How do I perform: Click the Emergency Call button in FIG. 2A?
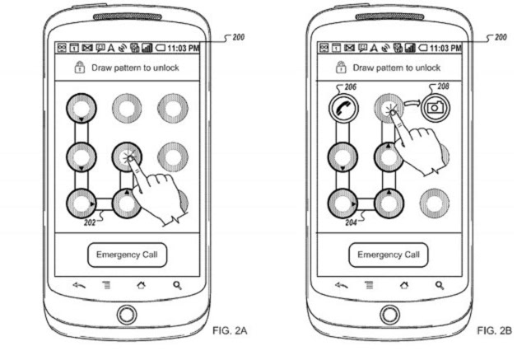click(128, 255)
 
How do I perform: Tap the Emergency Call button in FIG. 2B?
click(391, 255)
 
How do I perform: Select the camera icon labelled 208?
click(432, 106)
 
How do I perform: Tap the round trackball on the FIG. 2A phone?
click(127, 314)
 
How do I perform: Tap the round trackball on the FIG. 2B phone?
click(390, 314)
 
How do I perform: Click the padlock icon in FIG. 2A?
click(80, 67)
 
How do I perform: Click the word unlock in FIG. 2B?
click(426, 68)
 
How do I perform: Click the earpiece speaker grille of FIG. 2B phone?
click(390, 16)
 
